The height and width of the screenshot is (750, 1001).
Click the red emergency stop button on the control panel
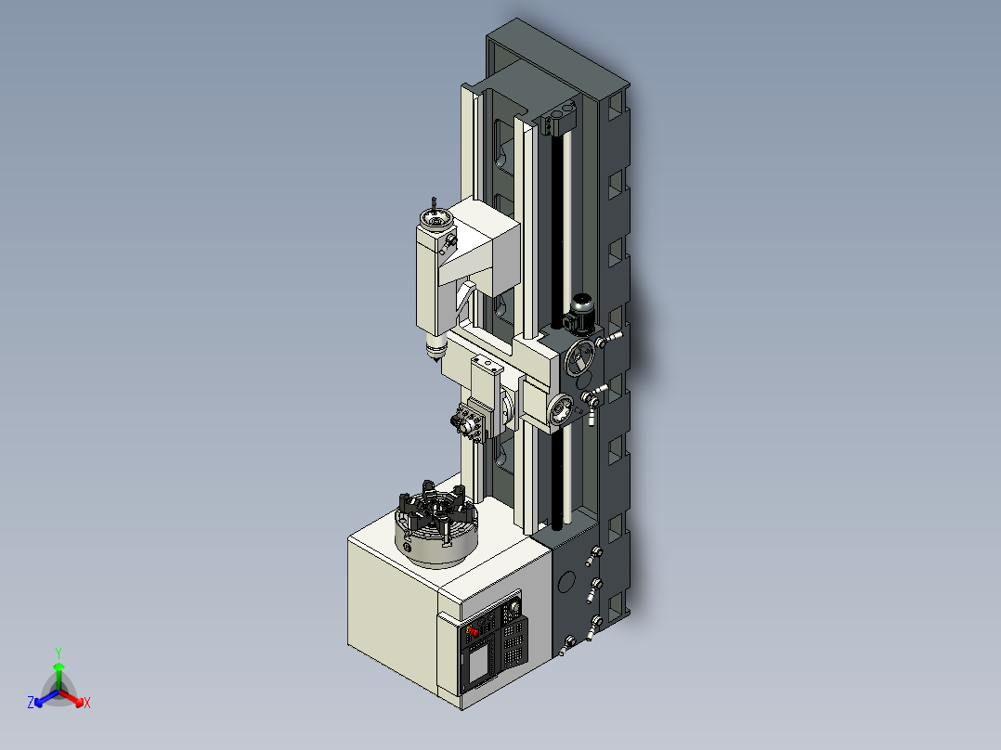(472, 630)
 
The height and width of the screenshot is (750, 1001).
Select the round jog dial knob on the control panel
(511, 612)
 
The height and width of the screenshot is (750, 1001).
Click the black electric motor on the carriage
(580, 313)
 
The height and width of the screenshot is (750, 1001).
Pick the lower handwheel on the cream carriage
(561, 409)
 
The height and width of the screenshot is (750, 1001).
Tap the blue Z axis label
(31, 703)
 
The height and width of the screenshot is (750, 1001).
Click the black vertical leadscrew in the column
(561, 232)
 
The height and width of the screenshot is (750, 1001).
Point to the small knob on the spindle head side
(450, 242)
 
